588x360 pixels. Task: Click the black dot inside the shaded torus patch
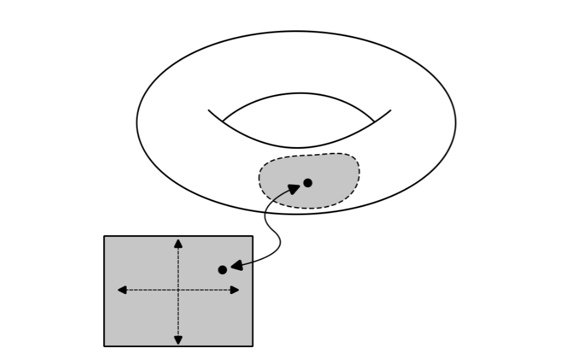[308, 183]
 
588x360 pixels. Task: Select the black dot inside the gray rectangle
[222, 270]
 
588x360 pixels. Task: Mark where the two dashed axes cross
[178, 290]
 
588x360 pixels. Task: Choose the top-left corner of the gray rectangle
[105, 236]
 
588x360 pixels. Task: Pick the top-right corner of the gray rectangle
[252, 236]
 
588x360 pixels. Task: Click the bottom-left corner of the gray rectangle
[105, 346]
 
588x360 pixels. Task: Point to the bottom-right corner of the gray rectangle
[252, 346]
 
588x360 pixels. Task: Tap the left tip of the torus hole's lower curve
[209, 110]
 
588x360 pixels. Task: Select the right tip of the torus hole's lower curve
[391, 110]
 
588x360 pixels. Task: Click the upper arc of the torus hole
[298, 93]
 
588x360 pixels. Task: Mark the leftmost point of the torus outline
[137, 122]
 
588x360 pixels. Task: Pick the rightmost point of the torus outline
[455, 122]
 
